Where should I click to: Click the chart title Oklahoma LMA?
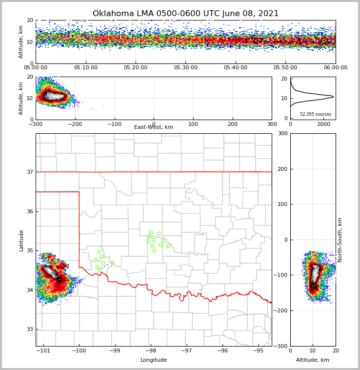pos(185,14)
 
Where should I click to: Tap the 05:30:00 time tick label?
pos(185,68)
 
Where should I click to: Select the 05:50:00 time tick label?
pos(285,68)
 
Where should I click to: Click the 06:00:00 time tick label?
pos(335,68)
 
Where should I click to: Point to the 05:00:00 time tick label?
pos(36,68)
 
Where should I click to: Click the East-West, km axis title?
pos(154,127)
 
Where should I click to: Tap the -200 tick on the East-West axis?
pos(75,124)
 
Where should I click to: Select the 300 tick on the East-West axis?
pos(272,124)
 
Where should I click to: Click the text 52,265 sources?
pos(316,114)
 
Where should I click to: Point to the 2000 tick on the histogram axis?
pos(324,124)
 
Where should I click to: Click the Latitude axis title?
pos(21,240)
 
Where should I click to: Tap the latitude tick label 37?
pos(29,172)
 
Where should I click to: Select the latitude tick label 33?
pos(29,329)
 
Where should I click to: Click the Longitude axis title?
pos(154,360)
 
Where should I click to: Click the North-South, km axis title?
pos(340,240)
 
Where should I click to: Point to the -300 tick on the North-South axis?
pos(282,346)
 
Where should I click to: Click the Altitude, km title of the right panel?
pos(313,360)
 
